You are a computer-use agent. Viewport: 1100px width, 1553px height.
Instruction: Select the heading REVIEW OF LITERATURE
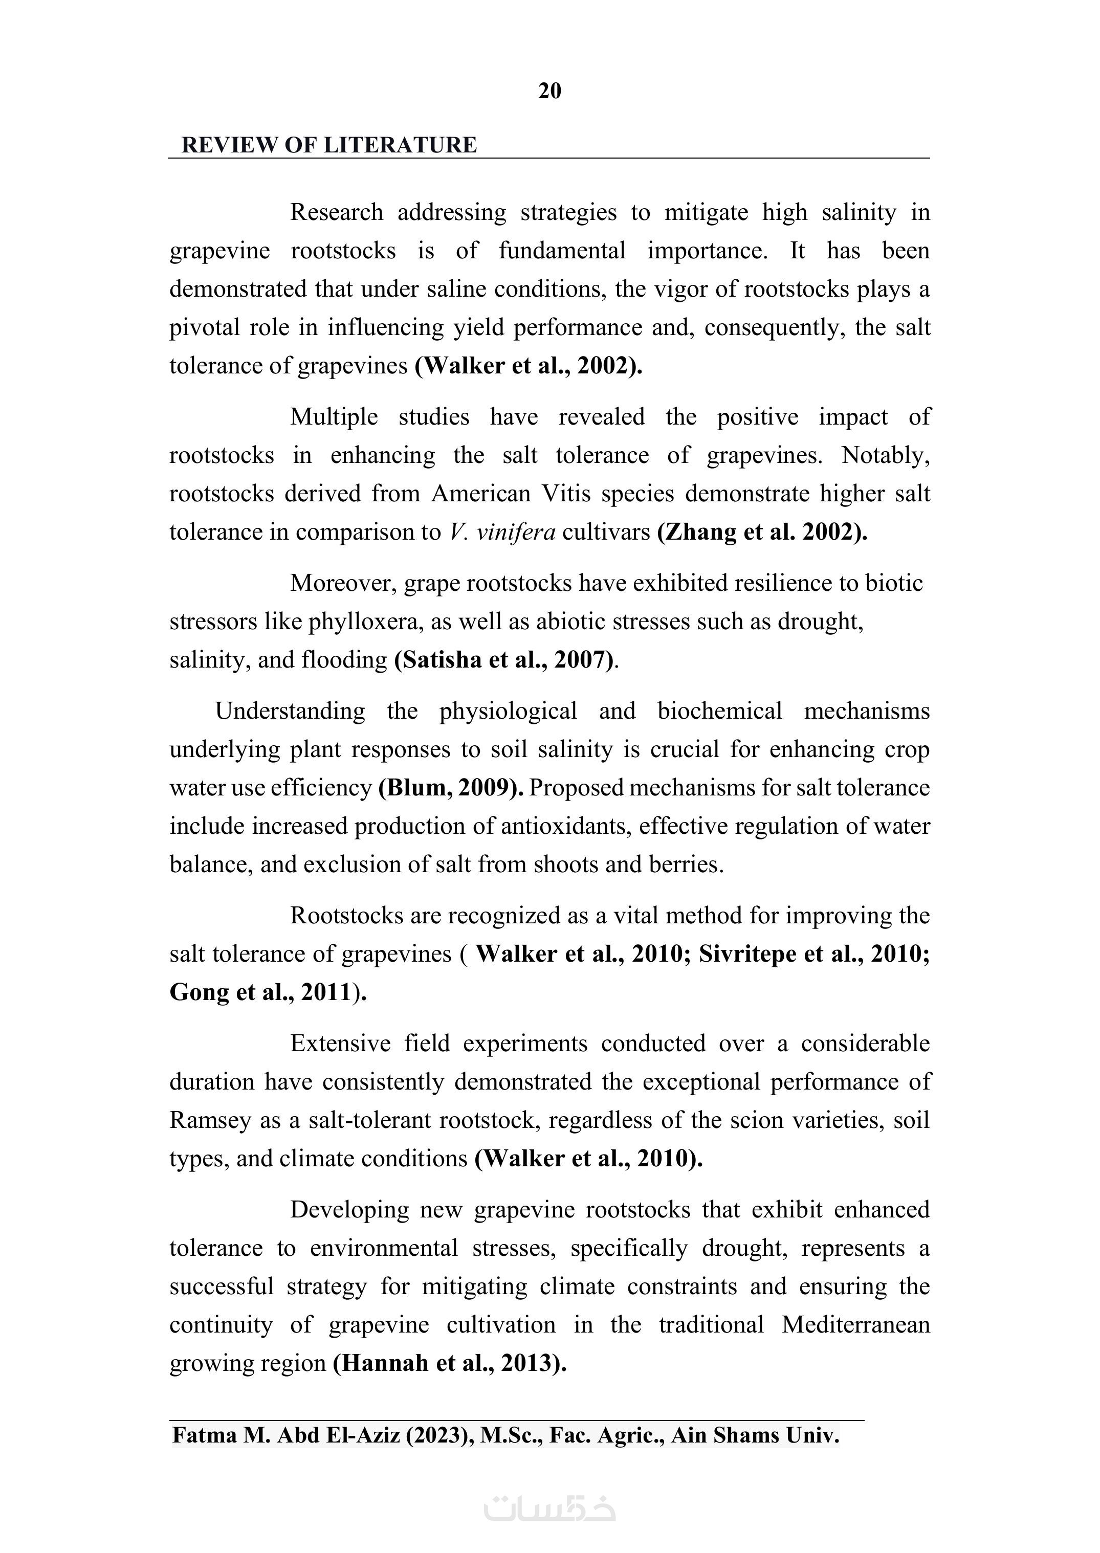click(x=329, y=145)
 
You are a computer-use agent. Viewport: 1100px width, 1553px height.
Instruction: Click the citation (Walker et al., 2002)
click(x=529, y=366)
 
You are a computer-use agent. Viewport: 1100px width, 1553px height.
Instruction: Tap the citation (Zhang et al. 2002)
click(x=762, y=531)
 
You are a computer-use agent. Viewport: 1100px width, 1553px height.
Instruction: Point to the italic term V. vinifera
click(x=502, y=531)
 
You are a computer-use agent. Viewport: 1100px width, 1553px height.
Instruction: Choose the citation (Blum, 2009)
click(x=450, y=788)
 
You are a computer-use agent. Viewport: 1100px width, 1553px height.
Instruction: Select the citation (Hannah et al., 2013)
click(x=449, y=1363)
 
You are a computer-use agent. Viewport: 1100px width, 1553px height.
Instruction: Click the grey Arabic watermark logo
click(x=549, y=1507)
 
